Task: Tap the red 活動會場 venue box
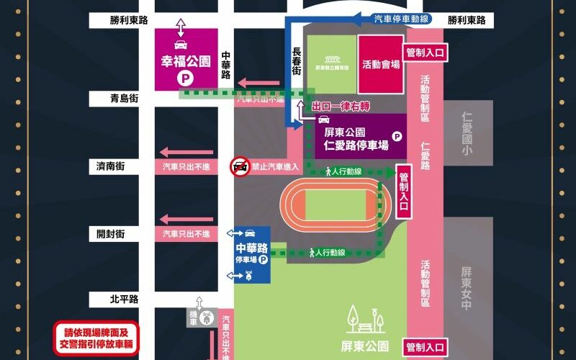pyautogui.click(x=381, y=64)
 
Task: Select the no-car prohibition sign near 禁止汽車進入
pyautogui.click(x=239, y=168)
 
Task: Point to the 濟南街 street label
pyautogui.click(x=111, y=166)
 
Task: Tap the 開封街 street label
pyautogui.click(x=111, y=234)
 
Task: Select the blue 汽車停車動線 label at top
pyautogui.click(x=402, y=19)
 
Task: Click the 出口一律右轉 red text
pyautogui.click(x=340, y=106)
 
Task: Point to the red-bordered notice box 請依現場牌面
pyautogui.click(x=95, y=338)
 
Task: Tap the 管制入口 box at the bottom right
pyautogui.click(x=426, y=348)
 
